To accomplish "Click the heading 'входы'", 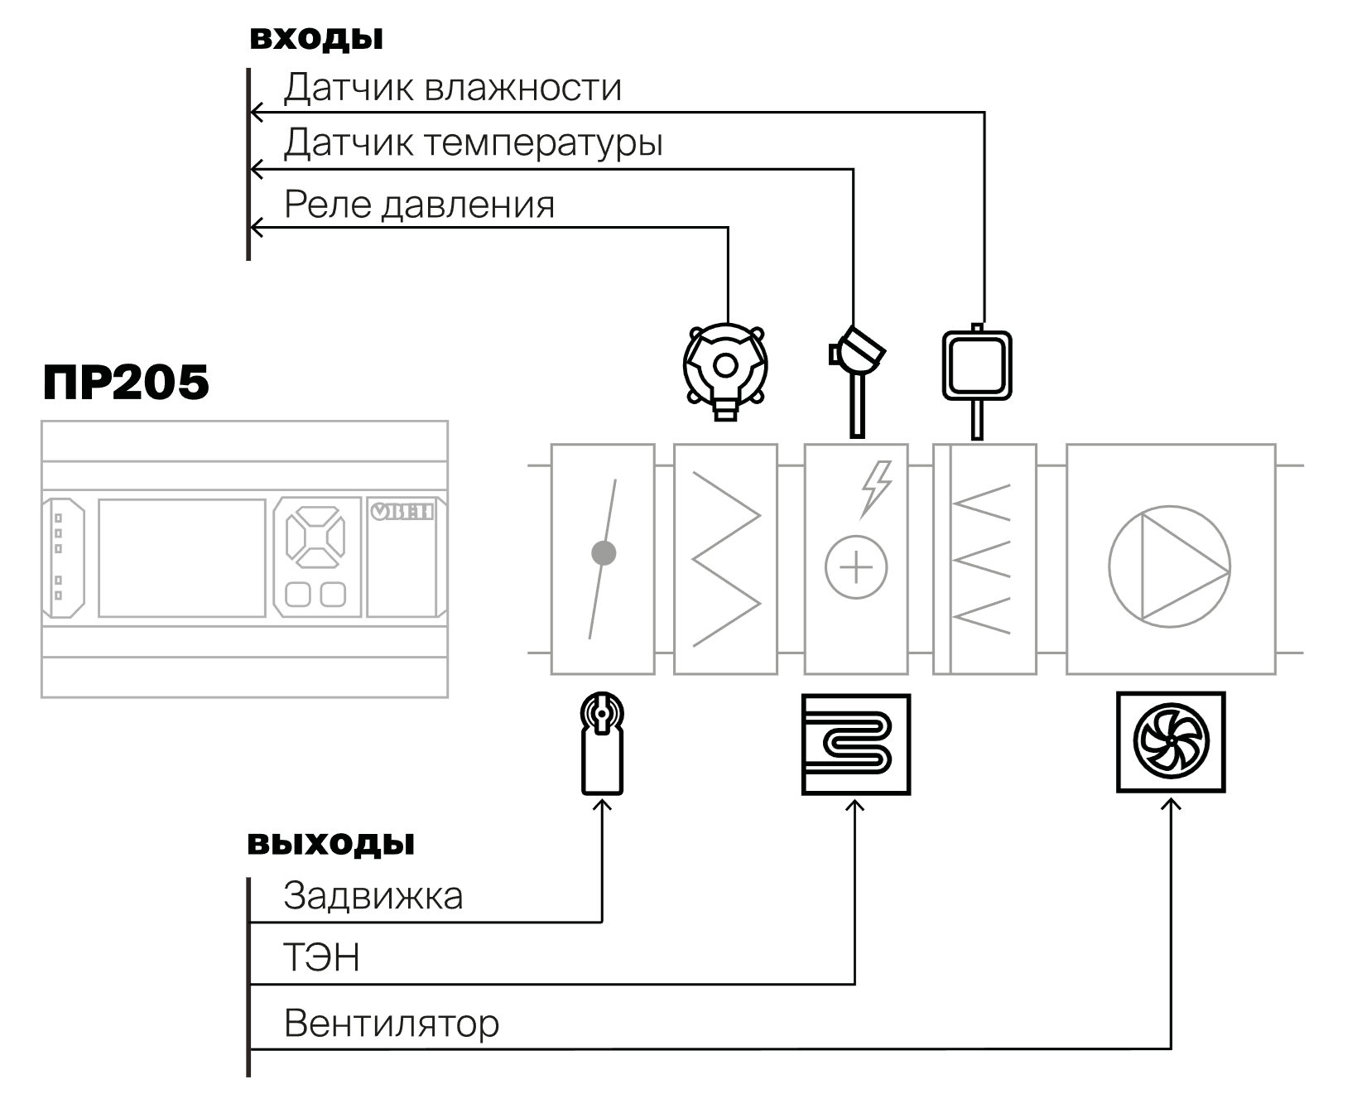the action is pyautogui.click(x=316, y=38).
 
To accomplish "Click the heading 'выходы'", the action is pyautogui.click(x=331, y=843).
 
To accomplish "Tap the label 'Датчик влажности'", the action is pyautogui.click(x=452, y=88).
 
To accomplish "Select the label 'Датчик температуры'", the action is pyautogui.click(x=473, y=143).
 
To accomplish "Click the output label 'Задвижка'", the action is pyautogui.click(x=373, y=896).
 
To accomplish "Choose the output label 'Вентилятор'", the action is pyautogui.click(x=392, y=1024).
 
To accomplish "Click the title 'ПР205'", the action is pyautogui.click(x=126, y=383).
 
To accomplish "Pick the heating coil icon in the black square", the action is pyautogui.click(x=856, y=745).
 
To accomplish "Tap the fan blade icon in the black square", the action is pyautogui.click(x=1171, y=743).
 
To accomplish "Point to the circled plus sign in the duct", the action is pyautogui.click(x=856, y=567).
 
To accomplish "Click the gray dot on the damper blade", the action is pyautogui.click(x=604, y=553).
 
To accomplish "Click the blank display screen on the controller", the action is pyautogui.click(x=182, y=557).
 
